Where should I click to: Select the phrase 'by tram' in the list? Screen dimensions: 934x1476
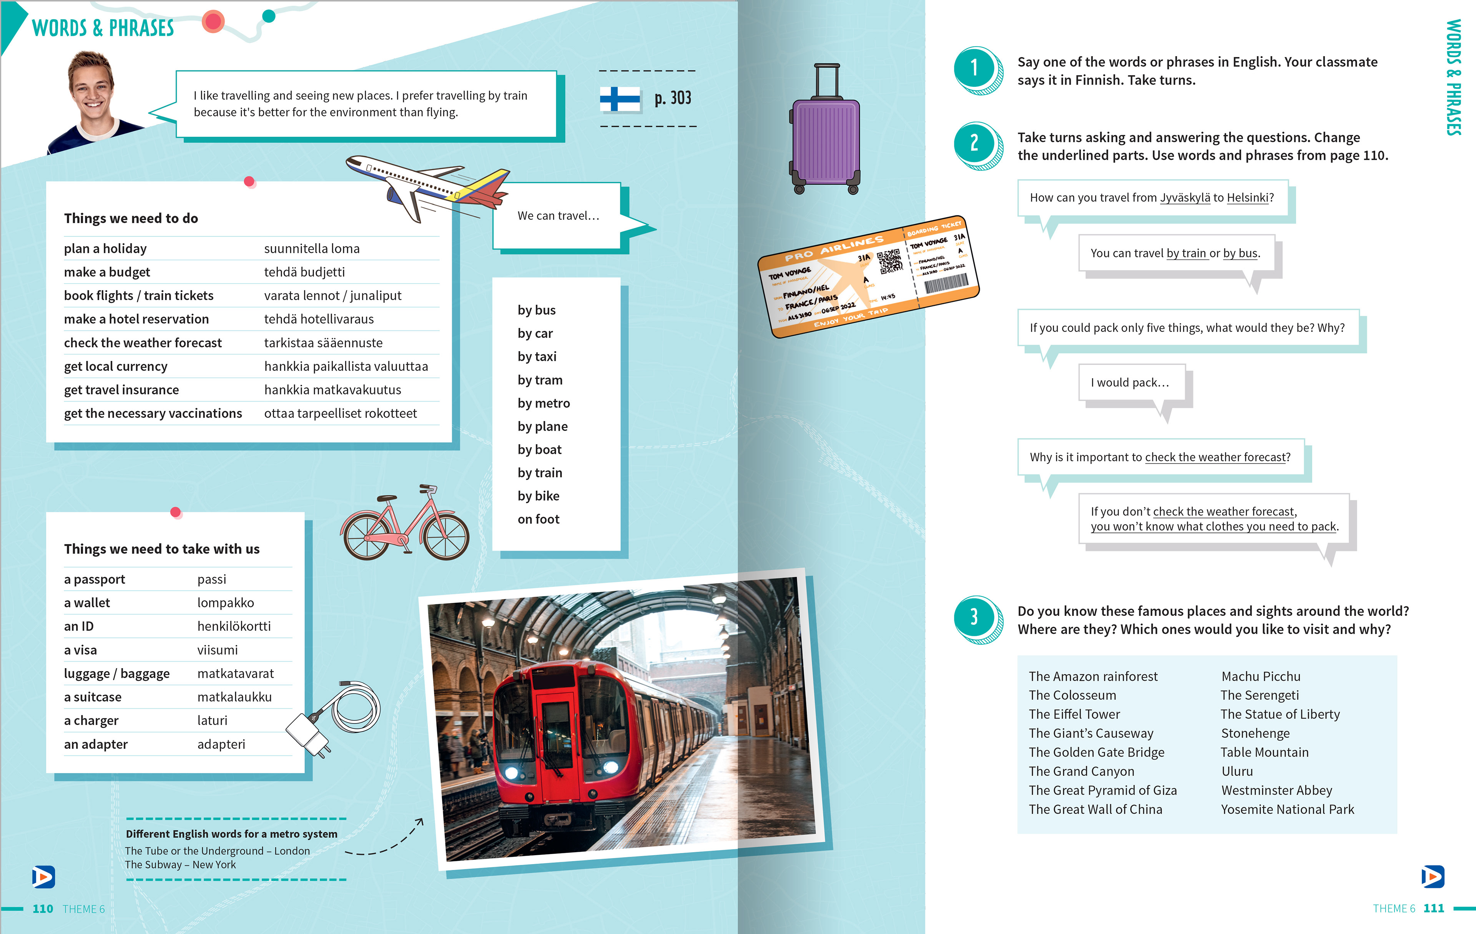pyautogui.click(x=539, y=380)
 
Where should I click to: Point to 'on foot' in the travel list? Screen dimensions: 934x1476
pyautogui.click(x=538, y=519)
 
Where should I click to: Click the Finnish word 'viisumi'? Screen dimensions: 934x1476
pyautogui.click(x=218, y=650)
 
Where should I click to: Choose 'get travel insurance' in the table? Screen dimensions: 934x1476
pyautogui.click(x=121, y=390)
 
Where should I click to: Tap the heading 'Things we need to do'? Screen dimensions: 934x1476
pyautogui.click(x=131, y=218)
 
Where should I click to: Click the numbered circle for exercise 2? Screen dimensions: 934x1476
pyautogui.click(x=975, y=143)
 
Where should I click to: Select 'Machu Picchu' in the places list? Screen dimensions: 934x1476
pyautogui.click(x=1260, y=676)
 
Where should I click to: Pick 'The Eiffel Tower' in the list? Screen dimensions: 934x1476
pyautogui.click(x=1074, y=714)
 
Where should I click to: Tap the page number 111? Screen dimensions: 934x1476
pyautogui.click(x=1433, y=908)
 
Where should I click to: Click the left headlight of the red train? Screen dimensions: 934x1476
pyautogui.click(x=511, y=771)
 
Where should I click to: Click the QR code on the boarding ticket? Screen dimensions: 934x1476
pyautogui.click(x=889, y=262)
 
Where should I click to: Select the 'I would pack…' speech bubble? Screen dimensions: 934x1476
pyautogui.click(x=1130, y=382)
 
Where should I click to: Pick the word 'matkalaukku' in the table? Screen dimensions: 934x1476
pyautogui.click(x=234, y=697)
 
